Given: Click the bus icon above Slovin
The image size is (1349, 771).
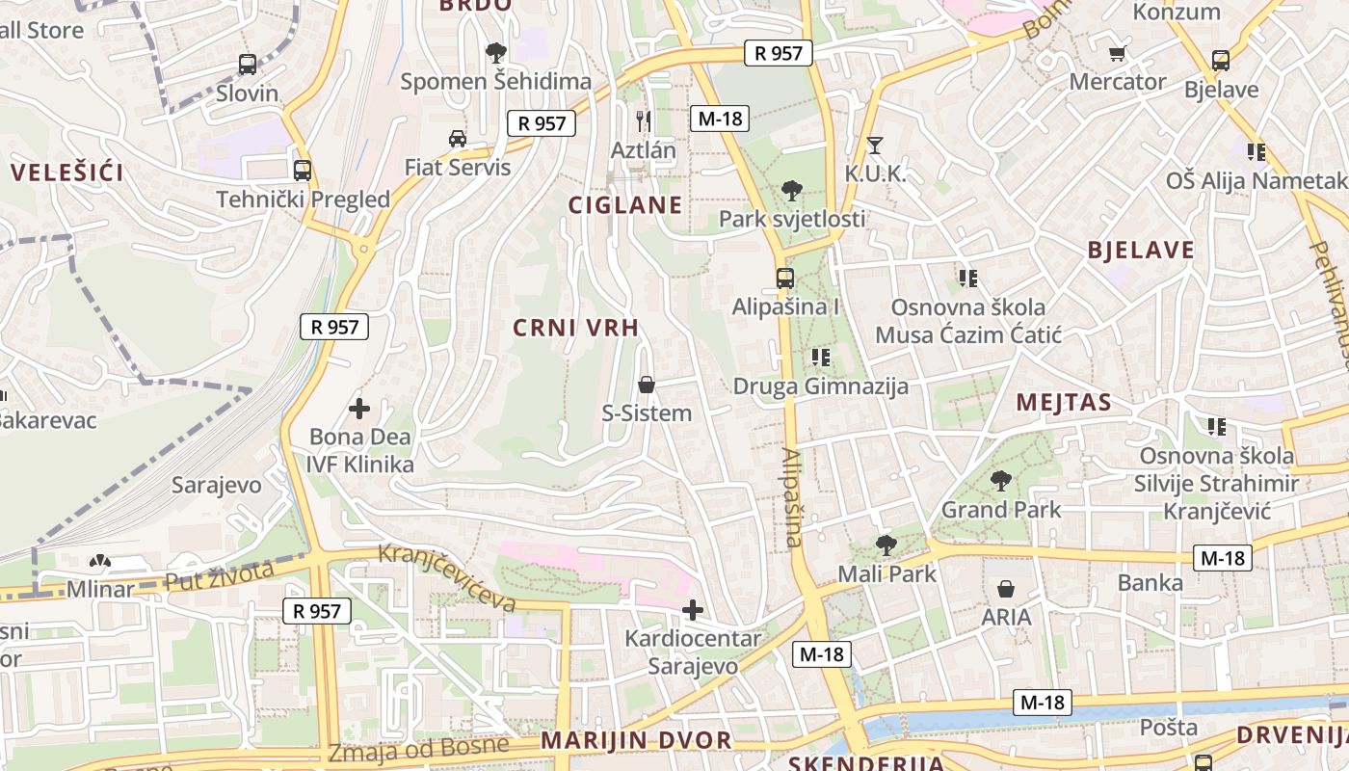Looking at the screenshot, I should pyautogui.click(x=248, y=65).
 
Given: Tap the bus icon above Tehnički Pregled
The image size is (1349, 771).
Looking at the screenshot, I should pyautogui.click(x=303, y=171).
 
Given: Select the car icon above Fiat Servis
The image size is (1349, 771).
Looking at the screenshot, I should pyautogui.click(x=458, y=139).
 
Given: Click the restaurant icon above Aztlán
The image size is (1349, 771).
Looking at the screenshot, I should pyautogui.click(x=644, y=121).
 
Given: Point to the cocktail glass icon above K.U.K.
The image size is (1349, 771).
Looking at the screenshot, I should pyautogui.click(x=875, y=146).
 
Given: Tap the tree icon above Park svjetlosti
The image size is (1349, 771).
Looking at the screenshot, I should pyautogui.click(x=792, y=190).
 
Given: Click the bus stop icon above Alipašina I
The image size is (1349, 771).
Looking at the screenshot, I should pyautogui.click(x=785, y=279).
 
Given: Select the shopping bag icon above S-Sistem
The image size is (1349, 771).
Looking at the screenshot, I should pyautogui.click(x=647, y=385).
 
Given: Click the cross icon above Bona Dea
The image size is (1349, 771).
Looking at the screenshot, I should pyautogui.click(x=359, y=409).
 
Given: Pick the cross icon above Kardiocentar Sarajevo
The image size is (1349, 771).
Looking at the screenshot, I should pyautogui.click(x=692, y=609).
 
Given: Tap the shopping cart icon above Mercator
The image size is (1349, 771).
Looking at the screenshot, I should pyautogui.click(x=1118, y=53).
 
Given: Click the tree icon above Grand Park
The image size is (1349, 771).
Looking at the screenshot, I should pyautogui.click(x=1001, y=480).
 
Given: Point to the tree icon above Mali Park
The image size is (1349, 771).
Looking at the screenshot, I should pyautogui.click(x=886, y=545).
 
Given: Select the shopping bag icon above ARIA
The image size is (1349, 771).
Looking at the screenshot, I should pyautogui.click(x=1006, y=588).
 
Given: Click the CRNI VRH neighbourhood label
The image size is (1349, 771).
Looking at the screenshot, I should pyautogui.click(x=576, y=328).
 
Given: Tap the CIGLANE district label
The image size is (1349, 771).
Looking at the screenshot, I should pyautogui.click(x=625, y=205).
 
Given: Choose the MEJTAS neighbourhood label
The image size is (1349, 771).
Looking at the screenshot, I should pyautogui.click(x=1064, y=403).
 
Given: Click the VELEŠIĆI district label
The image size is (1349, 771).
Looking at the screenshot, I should pyautogui.click(x=67, y=173).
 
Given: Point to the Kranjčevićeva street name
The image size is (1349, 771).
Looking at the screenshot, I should pyautogui.click(x=447, y=577).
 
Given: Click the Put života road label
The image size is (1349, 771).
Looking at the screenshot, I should pyautogui.click(x=220, y=575).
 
